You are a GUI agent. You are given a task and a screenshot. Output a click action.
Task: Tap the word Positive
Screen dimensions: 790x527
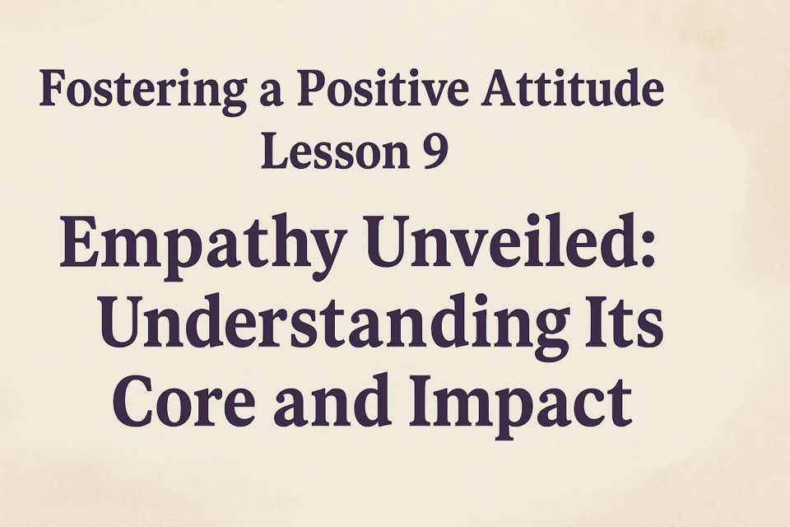point(383,88)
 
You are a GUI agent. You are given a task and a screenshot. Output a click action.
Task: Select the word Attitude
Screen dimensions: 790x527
point(572,88)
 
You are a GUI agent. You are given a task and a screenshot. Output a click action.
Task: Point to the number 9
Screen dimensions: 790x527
point(434,152)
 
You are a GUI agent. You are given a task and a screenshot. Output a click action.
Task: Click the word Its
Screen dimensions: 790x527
point(624,322)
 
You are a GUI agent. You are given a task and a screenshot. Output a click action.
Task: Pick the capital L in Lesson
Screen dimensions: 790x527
point(276,151)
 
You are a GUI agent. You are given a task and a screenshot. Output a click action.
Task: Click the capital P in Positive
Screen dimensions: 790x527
point(314,88)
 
